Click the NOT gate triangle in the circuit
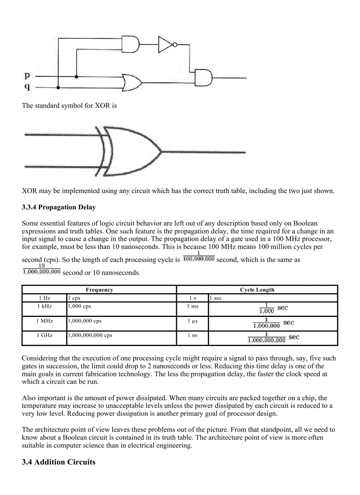tap(165, 45)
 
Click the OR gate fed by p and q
tap(132, 82)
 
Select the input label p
tap(27, 76)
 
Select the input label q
tap(27, 87)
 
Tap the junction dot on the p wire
tap(77, 77)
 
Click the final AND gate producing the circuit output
tap(203, 78)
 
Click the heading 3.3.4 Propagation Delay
tap(59, 207)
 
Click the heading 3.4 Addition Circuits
tap(58, 462)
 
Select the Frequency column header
tap(99, 290)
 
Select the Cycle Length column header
tap(257, 290)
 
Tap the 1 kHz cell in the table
tap(44, 306)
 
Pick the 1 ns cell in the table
tap(192, 335)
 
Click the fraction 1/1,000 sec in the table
tap(273, 308)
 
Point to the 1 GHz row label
tap(44, 335)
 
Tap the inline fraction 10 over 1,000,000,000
tap(41, 269)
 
